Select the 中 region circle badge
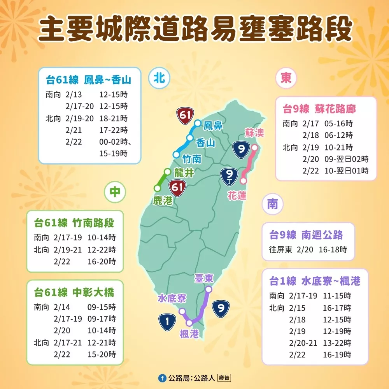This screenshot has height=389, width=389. tap(115, 191)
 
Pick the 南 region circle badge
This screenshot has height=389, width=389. tap(272, 204)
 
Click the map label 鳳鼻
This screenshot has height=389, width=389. tap(213, 126)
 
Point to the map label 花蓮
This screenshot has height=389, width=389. tap(237, 195)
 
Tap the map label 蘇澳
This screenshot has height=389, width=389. tap(254, 133)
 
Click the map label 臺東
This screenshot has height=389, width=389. tap(204, 278)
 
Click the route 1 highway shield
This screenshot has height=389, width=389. tap(167, 321)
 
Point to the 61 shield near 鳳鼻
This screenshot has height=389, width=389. tap(185, 115)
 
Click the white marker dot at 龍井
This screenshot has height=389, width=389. tap(167, 172)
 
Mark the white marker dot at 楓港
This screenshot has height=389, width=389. tap(189, 323)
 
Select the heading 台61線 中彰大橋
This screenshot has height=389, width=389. tap(74, 292)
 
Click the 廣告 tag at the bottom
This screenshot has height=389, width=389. tap(224, 378)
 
